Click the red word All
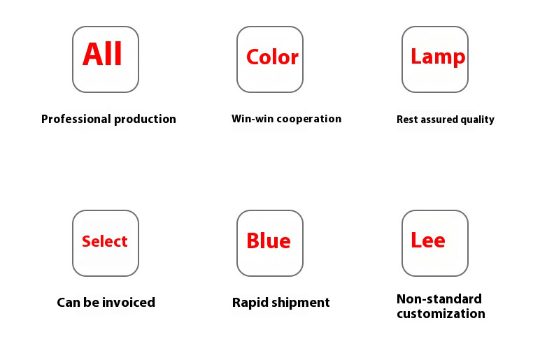pyautogui.click(x=102, y=54)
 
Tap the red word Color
pyautogui.click(x=273, y=57)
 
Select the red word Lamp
pyautogui.click(x=438, y=57)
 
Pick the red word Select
pyautogui.click(x=105, y=241)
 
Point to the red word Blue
pyautogui.click(x=269, y=240)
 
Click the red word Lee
pyautogui.click(x=428, y=240)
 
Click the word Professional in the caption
pyautogui.click(x=76, y=120)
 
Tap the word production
pyautogui.click(x=145, y=120)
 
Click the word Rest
pyautogui.click(x=407, y=120)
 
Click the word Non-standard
pyautogui.click(x=439, y=299)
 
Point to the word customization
pyautogui.click(x=441, y=314)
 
